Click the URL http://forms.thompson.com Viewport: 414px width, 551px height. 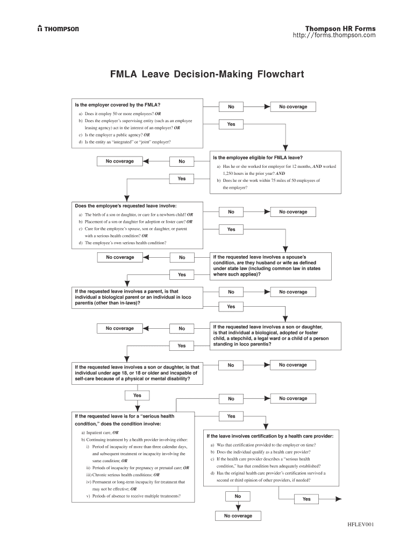[334, 36]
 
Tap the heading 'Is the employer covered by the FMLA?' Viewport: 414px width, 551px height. [118, 104]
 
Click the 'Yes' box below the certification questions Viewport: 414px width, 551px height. [306, 499]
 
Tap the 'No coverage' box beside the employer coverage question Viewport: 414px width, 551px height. [293, 107]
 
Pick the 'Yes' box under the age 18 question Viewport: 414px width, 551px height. [137, 395]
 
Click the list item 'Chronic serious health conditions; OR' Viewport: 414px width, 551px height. [126, 475]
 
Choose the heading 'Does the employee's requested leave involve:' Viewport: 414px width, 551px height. [125, 206]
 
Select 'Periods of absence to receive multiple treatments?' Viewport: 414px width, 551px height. [135, 496]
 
